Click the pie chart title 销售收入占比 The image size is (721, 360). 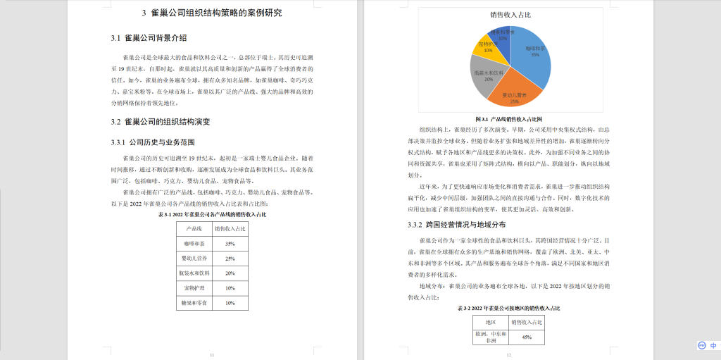pyautogui.click(x=510, y=14)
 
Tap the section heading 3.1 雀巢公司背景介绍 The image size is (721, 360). pyautogui.click(x=149, y=37)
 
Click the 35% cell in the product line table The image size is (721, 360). pyautogui.click(x=230, y=244)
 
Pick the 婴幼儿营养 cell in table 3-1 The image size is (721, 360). pyautogui.click(x=194, y=259)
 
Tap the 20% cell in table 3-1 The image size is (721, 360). pyautogui.click(x=230, y=273)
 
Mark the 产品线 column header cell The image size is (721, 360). pyautogui.click(x=194, y=229)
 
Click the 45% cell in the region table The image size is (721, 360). pyautogui.click(x=527, y=337)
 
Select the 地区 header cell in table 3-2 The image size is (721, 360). pyautogui.click(x=491, y=321)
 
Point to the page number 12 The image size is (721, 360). pyautogui.click(x=508, y=354)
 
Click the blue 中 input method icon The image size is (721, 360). pyautogui.click(x=713, y=346)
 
